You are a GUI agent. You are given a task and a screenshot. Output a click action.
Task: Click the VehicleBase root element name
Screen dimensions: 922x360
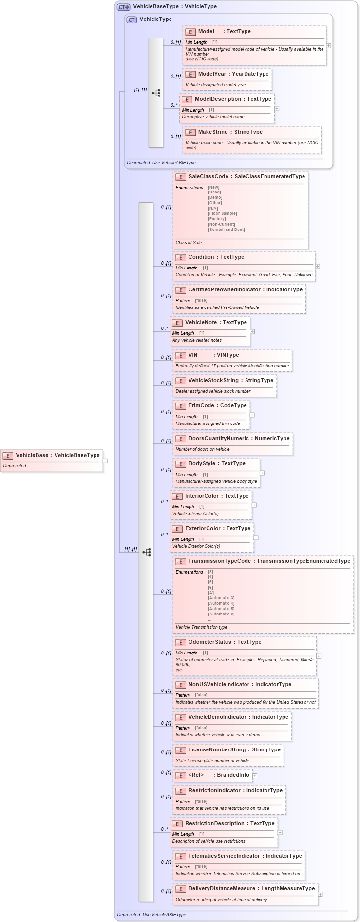(x=32, y=455)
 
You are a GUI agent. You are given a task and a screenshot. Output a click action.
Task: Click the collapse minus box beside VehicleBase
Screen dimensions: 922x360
(x=105, y=461)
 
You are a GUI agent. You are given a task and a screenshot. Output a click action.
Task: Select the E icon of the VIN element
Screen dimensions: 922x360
(x=181, y=355)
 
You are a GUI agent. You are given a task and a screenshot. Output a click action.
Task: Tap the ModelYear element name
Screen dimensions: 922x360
(x=212, y=74)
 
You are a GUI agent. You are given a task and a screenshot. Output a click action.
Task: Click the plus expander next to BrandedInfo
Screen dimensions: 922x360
(x=255, y=775)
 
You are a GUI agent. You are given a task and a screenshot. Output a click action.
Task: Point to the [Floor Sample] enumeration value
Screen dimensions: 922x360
(x=222, y=213)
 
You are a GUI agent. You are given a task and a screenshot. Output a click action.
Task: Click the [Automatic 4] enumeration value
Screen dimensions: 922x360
(x=221, y=603)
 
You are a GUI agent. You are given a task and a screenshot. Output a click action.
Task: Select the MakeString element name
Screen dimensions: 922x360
(x=213, y=132)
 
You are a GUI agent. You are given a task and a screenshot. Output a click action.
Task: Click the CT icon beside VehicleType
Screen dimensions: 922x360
(x=132, y=19)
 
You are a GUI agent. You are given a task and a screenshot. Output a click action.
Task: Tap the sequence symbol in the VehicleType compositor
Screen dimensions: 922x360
(x=156, y=93)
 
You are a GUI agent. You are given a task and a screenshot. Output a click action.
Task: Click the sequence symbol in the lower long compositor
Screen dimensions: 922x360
(x=146, y=552)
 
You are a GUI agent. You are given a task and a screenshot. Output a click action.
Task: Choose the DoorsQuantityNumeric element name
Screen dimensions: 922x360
(x=218, y=438)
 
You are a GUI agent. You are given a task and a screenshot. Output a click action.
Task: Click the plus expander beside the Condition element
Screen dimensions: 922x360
(x=318, y=267)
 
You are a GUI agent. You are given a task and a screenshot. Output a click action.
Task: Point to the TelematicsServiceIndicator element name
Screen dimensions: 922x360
(x=224, y=856)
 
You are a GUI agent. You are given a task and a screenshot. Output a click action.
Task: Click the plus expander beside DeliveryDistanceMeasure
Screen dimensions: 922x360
(x=320, y=894)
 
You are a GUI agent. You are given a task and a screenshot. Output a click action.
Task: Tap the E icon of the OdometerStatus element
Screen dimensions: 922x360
(x=181, y=642)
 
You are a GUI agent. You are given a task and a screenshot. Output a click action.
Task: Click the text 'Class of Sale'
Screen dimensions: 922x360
(x=189, y=242)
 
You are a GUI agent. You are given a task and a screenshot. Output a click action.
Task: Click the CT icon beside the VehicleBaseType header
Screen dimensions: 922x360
(x=124, y=7)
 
